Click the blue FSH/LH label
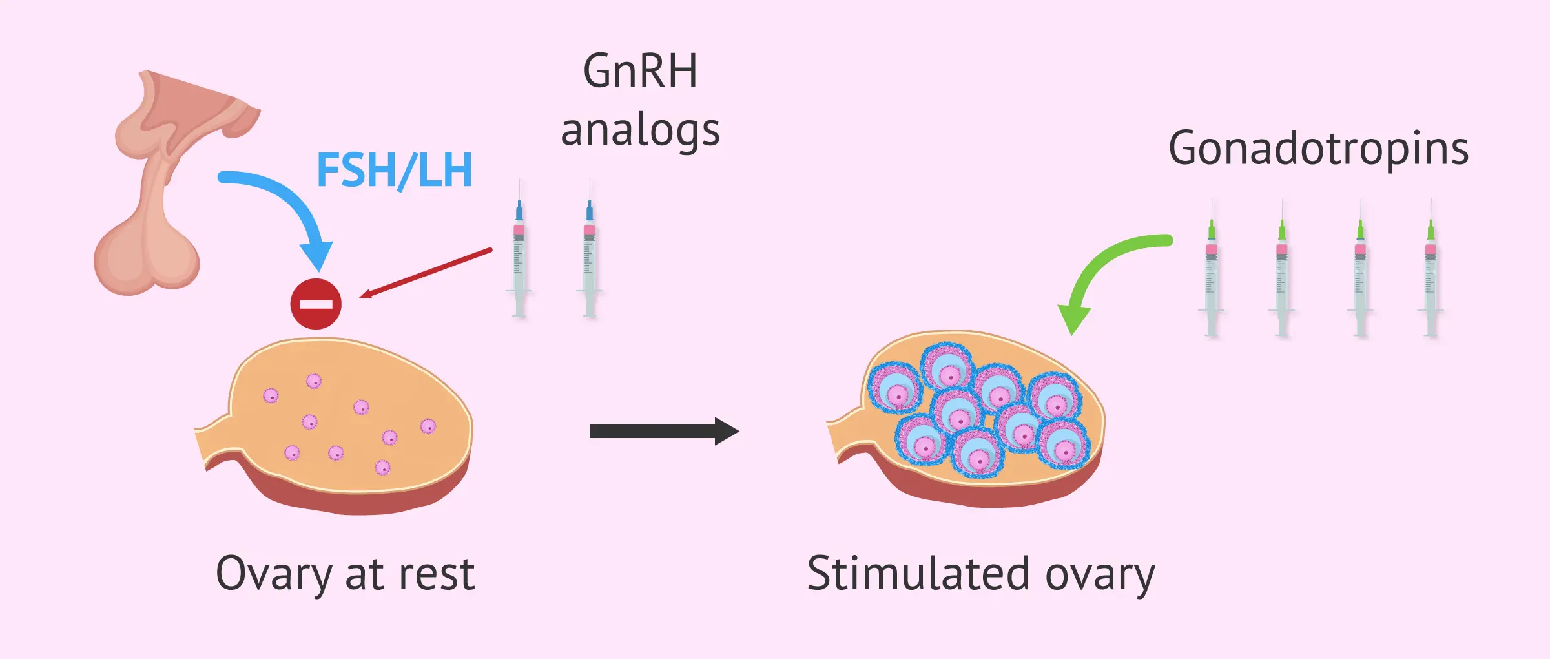tap(394, 171)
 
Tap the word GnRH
tap(639, 71)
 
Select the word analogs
tap(639, 131)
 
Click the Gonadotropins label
tap(1318, 149)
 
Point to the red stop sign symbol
tap(316, 304)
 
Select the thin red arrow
tap(426, 273)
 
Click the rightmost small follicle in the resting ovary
tap(428, 426)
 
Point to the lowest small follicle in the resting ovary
tap(382, 467)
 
